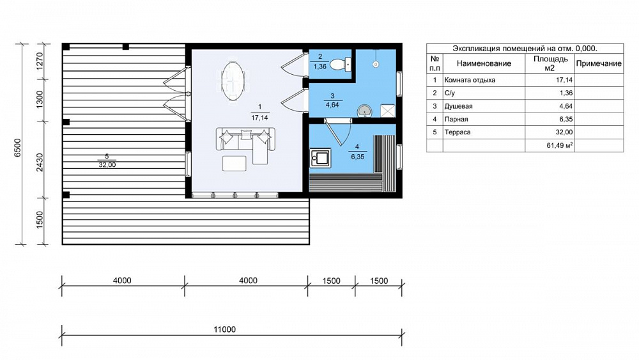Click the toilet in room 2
[x=341, y=64]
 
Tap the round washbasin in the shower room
[x=364, y=111]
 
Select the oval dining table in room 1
[x=233, y=81]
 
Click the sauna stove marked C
[x=320, y=158]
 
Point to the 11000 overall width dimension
[x=225, y=329]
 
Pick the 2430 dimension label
[x=40, y=162]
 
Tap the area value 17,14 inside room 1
[x=259, y=118]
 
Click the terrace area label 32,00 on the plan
[x=107, y=165]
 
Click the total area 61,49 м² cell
[x=560, y=145]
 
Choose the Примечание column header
[x=599, y=63]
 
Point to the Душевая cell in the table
[x=458, y=106]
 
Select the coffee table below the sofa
[x=235, y=163]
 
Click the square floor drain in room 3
[x=388, y=111]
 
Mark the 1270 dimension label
[x=40, y=61]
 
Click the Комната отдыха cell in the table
[x=470, y=80]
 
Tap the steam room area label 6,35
[x=357, y=157]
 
